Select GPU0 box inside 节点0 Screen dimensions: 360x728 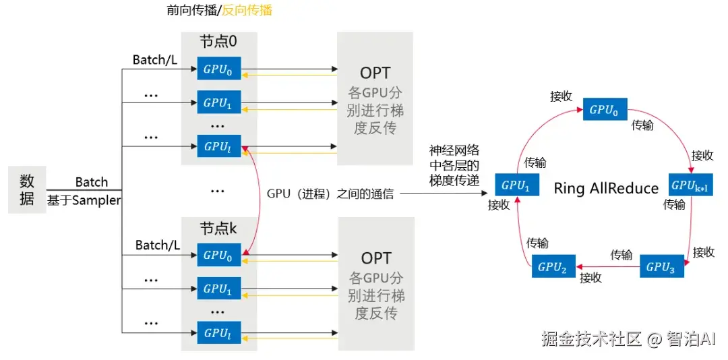[x=219, y=69]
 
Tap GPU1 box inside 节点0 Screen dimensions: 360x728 [x=219, y=102]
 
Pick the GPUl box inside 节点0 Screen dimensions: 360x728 [x=219, y=146]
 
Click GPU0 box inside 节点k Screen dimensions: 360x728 [x=219, y=255]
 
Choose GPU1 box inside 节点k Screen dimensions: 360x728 [x=219, y=289]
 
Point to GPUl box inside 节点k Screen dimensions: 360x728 [x=219, y=332]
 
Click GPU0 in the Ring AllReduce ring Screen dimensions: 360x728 [x=605, y=109]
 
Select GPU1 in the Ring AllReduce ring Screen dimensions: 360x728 [x=517, y=185]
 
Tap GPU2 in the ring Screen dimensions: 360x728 [x=553, y=266]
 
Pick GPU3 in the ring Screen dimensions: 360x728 [x=661, y=266]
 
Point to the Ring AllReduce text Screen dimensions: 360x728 [x=605, y=188]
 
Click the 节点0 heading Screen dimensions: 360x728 [x=218, y=42]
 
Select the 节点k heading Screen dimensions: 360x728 [x=218, y=229]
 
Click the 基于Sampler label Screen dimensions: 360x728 [x=83, y=200]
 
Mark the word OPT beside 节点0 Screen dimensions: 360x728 [x=375, y=73]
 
